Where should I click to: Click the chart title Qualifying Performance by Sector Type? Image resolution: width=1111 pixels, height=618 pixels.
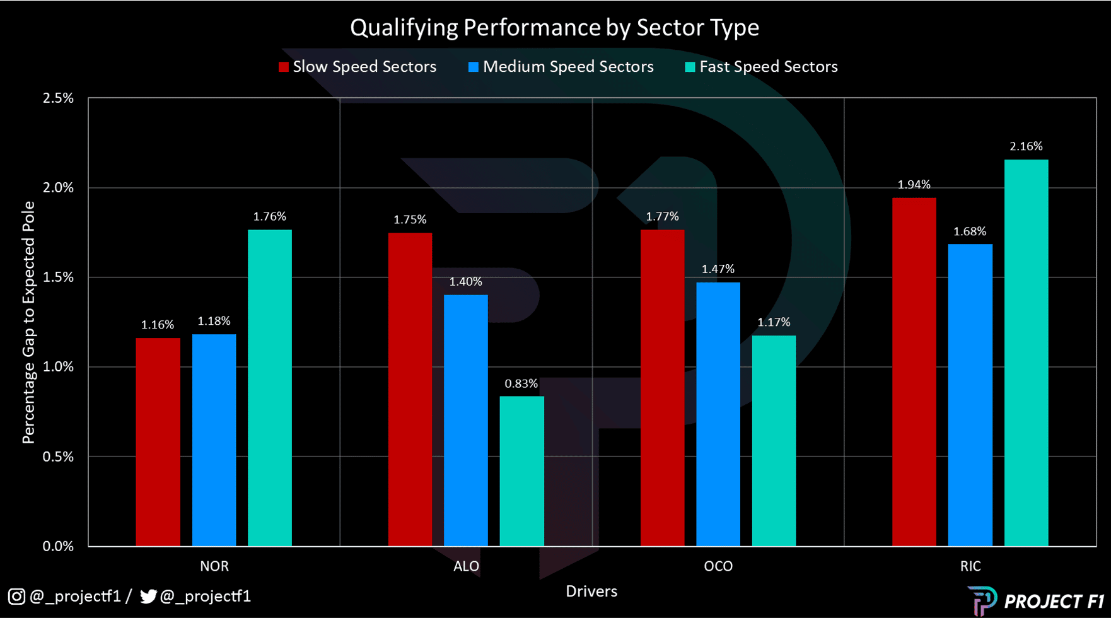pyautogui.click(x=554, y=28)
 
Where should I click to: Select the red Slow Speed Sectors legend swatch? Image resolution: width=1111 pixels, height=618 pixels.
pyautogui.click(x=284, y=67)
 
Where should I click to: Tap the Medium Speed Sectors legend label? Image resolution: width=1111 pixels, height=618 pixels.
pyautogui.click(x=567, y=67)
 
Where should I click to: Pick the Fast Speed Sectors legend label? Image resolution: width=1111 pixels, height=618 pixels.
pyautogui.click(x=768, y=67)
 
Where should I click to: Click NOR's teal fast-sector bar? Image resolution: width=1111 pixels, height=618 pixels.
pyautogui.click(x=270, y=388)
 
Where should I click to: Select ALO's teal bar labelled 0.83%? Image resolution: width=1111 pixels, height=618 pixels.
pyautogui.click(x=521, y=471)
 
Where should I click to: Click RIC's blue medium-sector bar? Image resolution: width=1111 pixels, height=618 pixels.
pyautogui.click(x=970, y=395)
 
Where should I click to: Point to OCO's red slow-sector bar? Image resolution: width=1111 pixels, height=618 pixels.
pyautogui.click(x=662, y=388)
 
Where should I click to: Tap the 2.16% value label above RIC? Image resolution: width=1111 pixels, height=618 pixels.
pyautogui.click(x=1026, y=146)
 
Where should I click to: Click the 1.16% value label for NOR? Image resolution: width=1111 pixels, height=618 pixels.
pyautogui.click(x=157, y=325)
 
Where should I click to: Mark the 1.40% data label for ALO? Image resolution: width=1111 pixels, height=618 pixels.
pyautogui.click(x=465, y=282)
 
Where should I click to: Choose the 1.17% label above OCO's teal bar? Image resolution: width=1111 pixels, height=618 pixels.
pyautogui.click(x=774, y=322)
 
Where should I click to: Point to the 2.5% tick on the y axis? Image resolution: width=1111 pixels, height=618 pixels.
pyautogui.click(x=58, y=98)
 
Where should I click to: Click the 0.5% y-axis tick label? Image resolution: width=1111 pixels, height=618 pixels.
pyautogui.click(x=58, y=457)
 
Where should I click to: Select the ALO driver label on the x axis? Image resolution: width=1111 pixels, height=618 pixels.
pyautogui.click(x=466, y=566)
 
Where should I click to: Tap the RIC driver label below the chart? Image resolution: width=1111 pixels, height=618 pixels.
pyautogui.click(x=970, y=566)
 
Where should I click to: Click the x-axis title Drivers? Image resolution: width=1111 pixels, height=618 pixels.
pyautogui.click(x=591, y=592)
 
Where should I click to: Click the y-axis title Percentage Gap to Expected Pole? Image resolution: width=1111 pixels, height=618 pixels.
pyautogui.click(x=28, y=322)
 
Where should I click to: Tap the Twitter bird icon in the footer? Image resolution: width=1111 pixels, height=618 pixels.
pyautogui.click(x=148, y=596)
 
